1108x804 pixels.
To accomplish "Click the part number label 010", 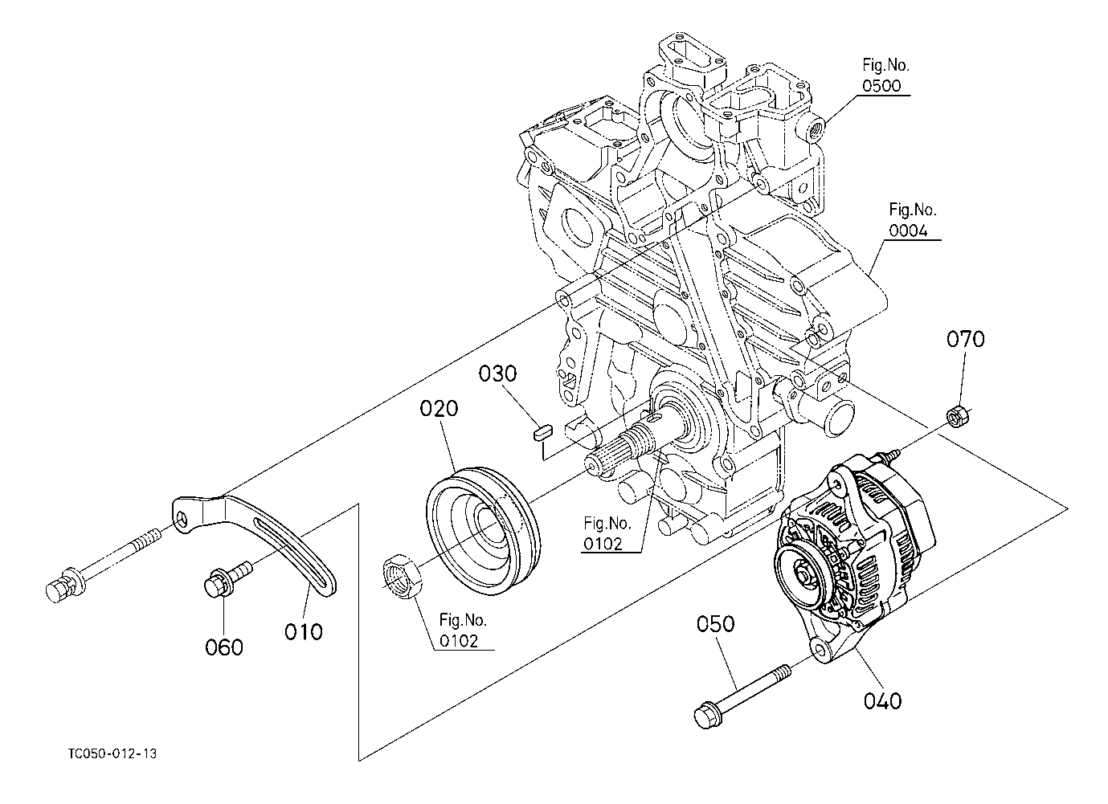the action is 303,632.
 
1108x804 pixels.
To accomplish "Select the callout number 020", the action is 439,408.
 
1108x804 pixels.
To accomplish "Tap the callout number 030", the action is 497,373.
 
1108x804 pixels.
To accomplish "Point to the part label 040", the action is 882,701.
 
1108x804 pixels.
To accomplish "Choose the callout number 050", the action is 715,624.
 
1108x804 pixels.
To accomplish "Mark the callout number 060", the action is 224,647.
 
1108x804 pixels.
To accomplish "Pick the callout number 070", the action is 965,339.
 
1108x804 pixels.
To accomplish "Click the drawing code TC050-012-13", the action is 112,753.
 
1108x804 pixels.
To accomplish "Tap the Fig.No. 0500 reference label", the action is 885,76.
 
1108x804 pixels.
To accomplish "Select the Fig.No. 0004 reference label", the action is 912,221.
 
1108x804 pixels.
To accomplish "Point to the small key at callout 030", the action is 542,433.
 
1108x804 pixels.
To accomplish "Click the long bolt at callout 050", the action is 742,696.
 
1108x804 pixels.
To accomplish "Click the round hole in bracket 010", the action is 183,518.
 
